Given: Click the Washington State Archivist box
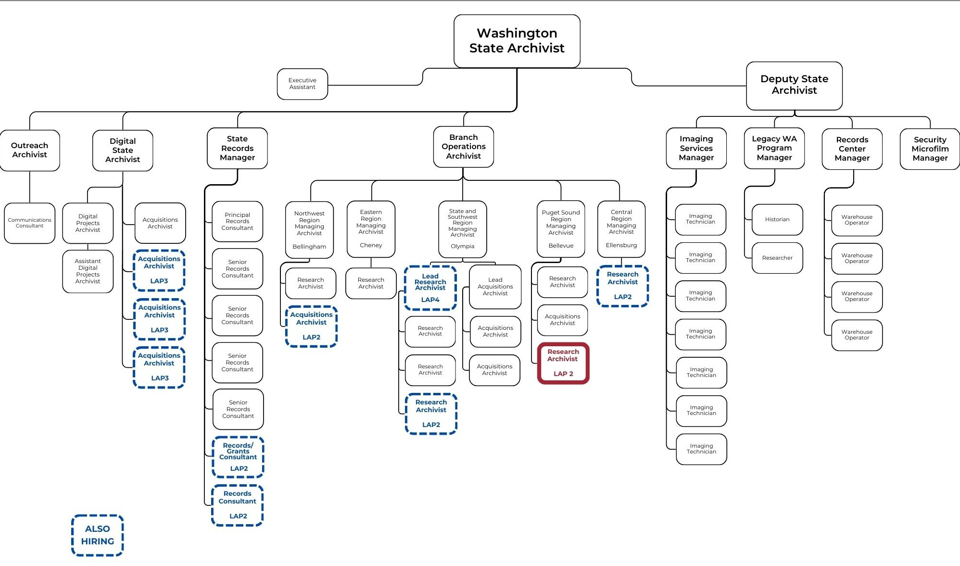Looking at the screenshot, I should (x=517, y=41).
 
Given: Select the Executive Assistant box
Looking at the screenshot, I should (x=302, y=84).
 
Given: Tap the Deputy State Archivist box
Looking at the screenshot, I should (x=794, y=85).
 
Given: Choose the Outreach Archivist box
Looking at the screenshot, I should (x=30, y=150).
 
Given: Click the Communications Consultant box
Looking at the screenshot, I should (x=30, y=223).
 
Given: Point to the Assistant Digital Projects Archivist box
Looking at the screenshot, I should (x=88, y=271).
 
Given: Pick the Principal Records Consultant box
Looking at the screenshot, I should (x=237, y=222).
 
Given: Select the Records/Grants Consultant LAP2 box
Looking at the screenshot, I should (x=238, y=457).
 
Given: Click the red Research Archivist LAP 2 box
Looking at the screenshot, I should (x=563, y=363).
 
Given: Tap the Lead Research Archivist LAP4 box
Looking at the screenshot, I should (x=430, y=288).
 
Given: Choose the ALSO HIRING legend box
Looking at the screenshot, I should (x=98, y=535).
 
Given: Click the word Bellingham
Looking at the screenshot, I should (x=309, y=247).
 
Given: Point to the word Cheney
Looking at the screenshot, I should (x=371, y=245).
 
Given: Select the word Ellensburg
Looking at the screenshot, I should (x=621, y=245).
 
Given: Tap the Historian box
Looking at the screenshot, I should (x=777, y=219).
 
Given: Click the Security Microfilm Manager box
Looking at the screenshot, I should (x=930, y=149).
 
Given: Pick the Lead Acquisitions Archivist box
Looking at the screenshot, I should (x=495, y=287).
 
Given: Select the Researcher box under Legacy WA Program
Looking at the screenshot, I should (x=777, y=258).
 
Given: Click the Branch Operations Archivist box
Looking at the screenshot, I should (x=463, y=147).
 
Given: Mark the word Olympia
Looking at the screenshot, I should (x=462, y=246).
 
